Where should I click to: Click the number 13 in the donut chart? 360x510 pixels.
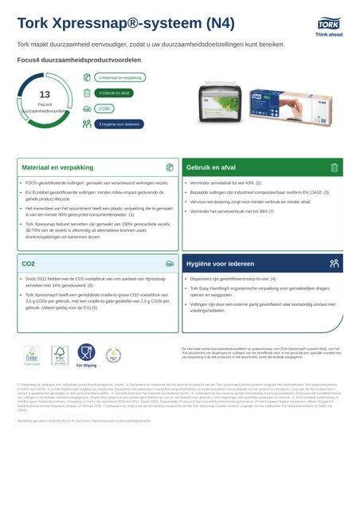click(x=45, y=95)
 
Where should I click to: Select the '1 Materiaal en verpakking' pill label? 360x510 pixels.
click(x=120, y=78)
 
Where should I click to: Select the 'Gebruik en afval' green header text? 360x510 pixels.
click(x=211, y=168)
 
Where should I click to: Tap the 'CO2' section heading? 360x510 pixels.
click(x=29, y=262)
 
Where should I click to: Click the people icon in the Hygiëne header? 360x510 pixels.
click(x=335, y=262)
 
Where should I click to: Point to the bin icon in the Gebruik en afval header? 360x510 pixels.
click(x=335, y=168)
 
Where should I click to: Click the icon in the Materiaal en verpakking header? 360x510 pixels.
click(x=170, y=168)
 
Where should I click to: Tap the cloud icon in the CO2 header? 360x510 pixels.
click(x=170, y=262)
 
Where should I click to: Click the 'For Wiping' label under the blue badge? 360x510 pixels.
click(x=86, y=367)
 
